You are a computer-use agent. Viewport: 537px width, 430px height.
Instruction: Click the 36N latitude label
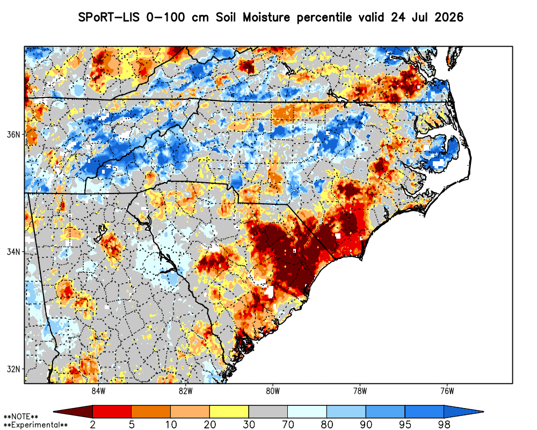tap(13, 134)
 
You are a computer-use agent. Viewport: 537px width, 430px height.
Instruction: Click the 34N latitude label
tap(13, 252)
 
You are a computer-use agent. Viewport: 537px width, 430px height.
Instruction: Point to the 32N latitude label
tap(13, 369)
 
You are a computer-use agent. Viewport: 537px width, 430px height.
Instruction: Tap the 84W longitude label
tap(98, 391)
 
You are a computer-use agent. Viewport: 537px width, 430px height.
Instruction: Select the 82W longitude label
tap(186, 391)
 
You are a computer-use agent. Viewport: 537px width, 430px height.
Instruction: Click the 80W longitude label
tap(273, 391)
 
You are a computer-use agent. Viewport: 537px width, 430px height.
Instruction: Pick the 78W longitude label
tap(360, 391)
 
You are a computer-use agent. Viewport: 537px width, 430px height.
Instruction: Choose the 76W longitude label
tap(447, 391)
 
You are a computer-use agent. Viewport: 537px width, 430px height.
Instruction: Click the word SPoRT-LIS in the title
tap(109, 17)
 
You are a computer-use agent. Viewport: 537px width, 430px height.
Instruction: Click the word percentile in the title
tap(324, 18)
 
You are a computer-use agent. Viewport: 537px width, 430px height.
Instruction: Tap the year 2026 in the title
tap(448, 17)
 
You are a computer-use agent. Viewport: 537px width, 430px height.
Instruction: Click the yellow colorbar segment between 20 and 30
tap(229, 412)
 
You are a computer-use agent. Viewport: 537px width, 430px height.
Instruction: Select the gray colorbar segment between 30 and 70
tap(268, 412)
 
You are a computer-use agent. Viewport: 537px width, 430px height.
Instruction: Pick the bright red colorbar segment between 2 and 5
tap(112, 412)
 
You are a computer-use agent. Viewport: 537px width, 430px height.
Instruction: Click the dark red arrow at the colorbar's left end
tap(73, 412)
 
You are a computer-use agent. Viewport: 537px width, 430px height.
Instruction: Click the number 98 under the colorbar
tap(444, 425)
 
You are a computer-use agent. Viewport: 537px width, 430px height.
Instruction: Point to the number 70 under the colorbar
tap(288, 425)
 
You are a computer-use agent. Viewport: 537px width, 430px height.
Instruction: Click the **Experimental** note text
tap(35, 425)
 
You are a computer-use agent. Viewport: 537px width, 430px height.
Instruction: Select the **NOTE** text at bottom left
tap(20, 417)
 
